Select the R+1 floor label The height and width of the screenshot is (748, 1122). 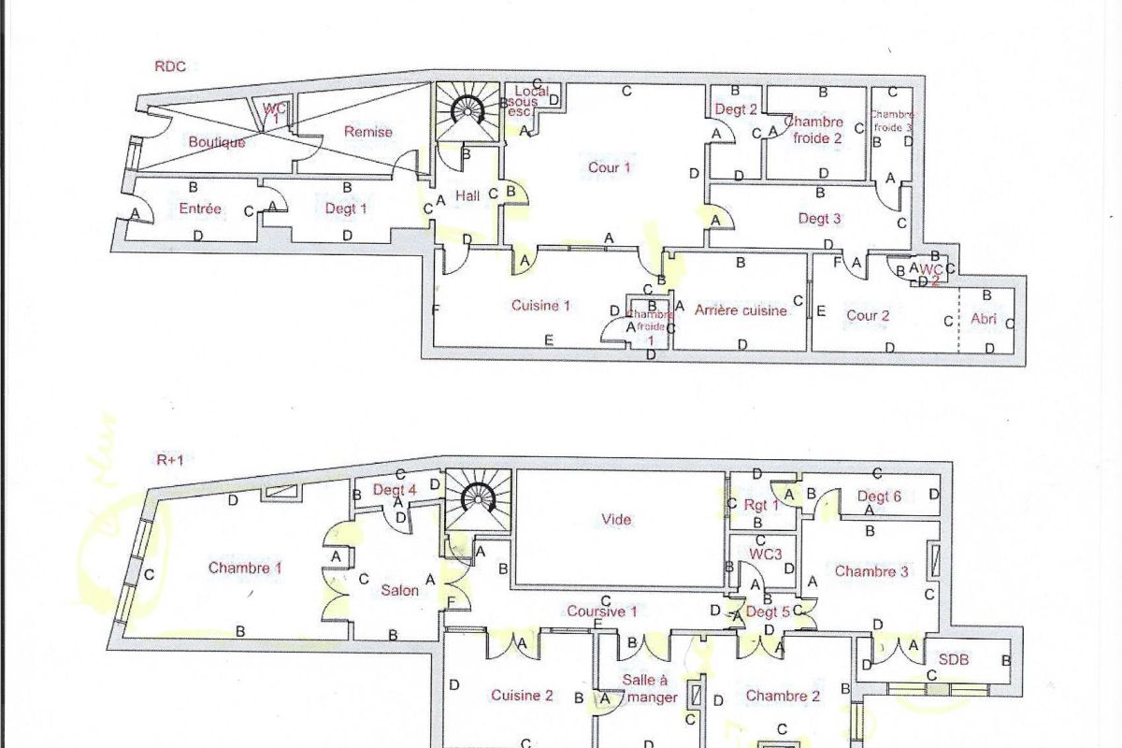point(169,460)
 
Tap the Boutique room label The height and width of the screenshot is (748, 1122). point(217,142)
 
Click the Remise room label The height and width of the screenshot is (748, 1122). point(367,132)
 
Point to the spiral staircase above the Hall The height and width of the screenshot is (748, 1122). point(467,110)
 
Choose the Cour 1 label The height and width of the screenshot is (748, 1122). point(609,167)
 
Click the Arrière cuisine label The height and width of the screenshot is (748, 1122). point(741,310)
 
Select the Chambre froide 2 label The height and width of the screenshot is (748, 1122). point(813,129)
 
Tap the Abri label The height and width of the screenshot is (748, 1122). point(984,319)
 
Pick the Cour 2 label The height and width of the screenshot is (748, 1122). point(868,315)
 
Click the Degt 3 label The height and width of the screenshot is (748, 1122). point(819,219)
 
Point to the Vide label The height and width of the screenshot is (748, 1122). point(617,520)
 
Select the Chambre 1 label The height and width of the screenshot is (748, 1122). point(245,567)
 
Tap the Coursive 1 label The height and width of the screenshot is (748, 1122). point(602,611)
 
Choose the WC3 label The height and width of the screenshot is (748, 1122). point(765,554)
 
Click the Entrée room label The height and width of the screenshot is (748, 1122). point(200,209)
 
